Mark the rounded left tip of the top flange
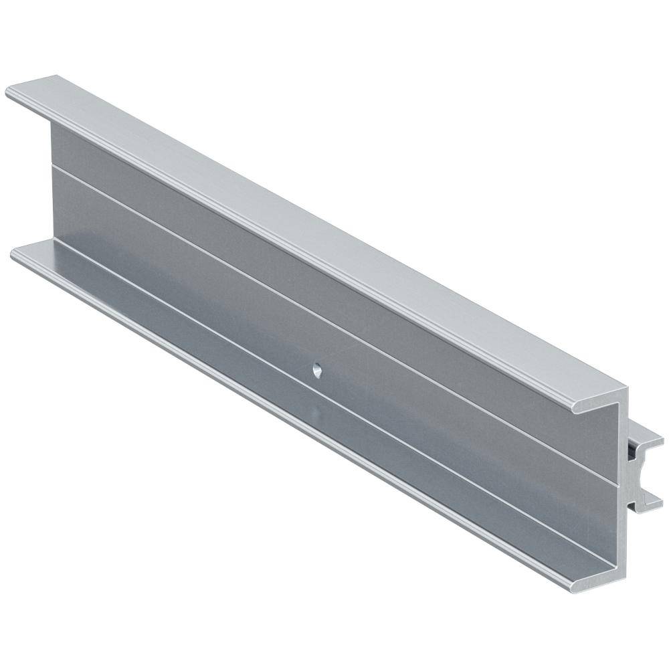[9, 92]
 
